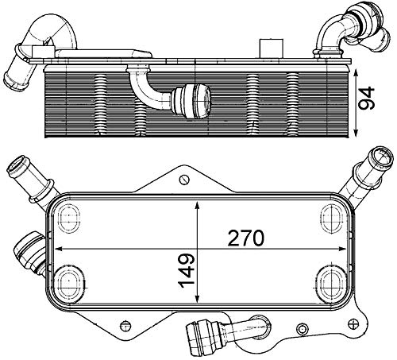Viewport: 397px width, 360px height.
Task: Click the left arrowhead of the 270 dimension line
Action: point(54,247)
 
